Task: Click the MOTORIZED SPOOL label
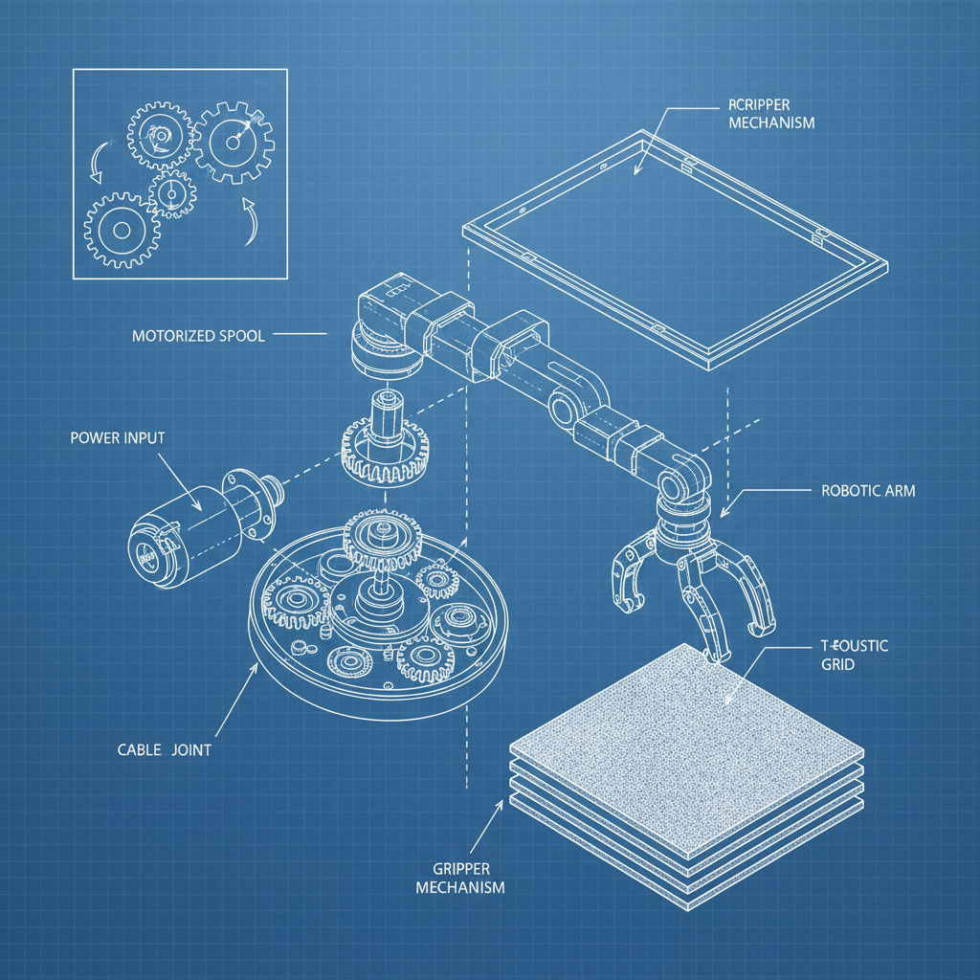tap(197, 336)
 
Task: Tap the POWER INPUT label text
tap(117, 437)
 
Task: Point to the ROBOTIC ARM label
tap(868, 491)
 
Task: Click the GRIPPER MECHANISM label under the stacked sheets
tap(460, 879)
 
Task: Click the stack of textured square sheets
tap(687, 746)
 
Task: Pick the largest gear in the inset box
tap(234, 143)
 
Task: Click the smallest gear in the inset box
tap(172, 194)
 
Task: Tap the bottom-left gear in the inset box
tap(122, 230)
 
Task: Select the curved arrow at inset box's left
tap(94, 163)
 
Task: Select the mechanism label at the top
tap(770, 115)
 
